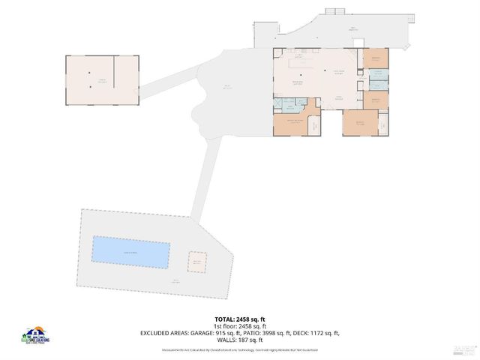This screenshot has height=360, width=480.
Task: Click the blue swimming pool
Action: tap(130, 252)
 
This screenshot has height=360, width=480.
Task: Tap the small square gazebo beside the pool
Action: tap(197, 262)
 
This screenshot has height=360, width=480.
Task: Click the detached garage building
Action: tap(102, 79)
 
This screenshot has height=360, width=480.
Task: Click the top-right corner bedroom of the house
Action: tap(375, 58)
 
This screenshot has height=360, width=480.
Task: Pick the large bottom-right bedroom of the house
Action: tap(360, 122)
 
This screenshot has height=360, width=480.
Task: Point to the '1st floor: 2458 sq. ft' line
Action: tap(240, 326)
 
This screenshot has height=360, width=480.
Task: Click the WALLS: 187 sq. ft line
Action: tap(240, 340)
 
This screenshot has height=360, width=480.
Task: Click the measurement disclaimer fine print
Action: tap(240, 350)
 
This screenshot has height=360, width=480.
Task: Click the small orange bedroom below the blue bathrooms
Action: tap(376, 99)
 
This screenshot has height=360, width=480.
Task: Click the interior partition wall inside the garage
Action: tap(114, 71)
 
